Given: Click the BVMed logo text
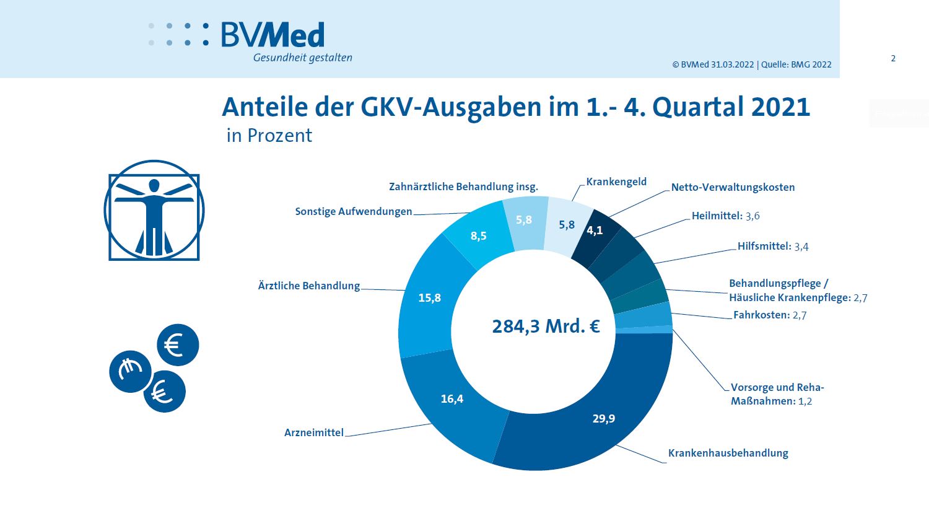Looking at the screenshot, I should [x=273, y=35].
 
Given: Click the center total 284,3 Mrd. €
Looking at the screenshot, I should [x=546, y=326].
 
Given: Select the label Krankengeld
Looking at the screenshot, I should [x=616, y=182].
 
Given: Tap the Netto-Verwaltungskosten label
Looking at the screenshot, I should [x=733, y=187].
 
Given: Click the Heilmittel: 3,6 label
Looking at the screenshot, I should [x=725, y=216].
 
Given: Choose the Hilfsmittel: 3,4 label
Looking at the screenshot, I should [x=772, y=246].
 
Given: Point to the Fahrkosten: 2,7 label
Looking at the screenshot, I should [x=769, y=315].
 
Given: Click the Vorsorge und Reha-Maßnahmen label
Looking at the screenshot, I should [x=777, y=394].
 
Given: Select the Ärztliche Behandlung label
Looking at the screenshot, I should [x=308, y=286].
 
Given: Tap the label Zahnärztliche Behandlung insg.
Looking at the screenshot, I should [x=463, y=186].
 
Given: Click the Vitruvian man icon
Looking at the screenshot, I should [x=154, y=211].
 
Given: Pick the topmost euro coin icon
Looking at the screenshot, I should [x=178, y=345].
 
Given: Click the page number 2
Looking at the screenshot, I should [x=893, y=58].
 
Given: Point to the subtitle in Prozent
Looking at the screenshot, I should [x=269, y=136].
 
